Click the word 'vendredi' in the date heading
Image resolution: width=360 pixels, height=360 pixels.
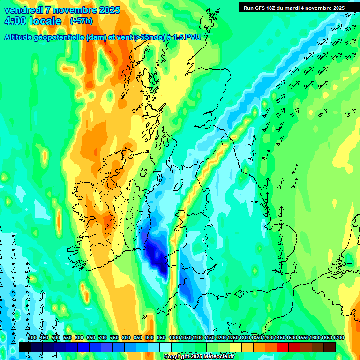click(x=23, y=10)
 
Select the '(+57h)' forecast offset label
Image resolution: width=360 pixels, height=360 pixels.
click(x=81, y=21)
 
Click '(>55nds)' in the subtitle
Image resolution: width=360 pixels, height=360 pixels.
click(x=148, y=37)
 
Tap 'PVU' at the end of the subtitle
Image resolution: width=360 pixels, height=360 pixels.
click(x=194, y=37)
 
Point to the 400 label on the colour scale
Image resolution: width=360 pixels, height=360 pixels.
click(x=32, y=338)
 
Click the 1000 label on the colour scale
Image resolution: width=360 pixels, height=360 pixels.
click(x=174, y=338)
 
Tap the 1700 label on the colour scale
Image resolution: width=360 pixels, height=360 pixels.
click(x=338, y=338)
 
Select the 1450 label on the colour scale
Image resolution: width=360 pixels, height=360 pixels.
click(x=280, y=338)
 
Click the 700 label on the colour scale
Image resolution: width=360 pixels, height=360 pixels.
click(x=103, y=338)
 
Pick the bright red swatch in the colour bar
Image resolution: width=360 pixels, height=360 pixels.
click(x=283, y=347)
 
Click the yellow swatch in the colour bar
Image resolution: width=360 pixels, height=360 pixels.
click(x=236, y=347)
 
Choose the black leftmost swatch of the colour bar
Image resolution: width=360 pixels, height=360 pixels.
click(x=25, y=347)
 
